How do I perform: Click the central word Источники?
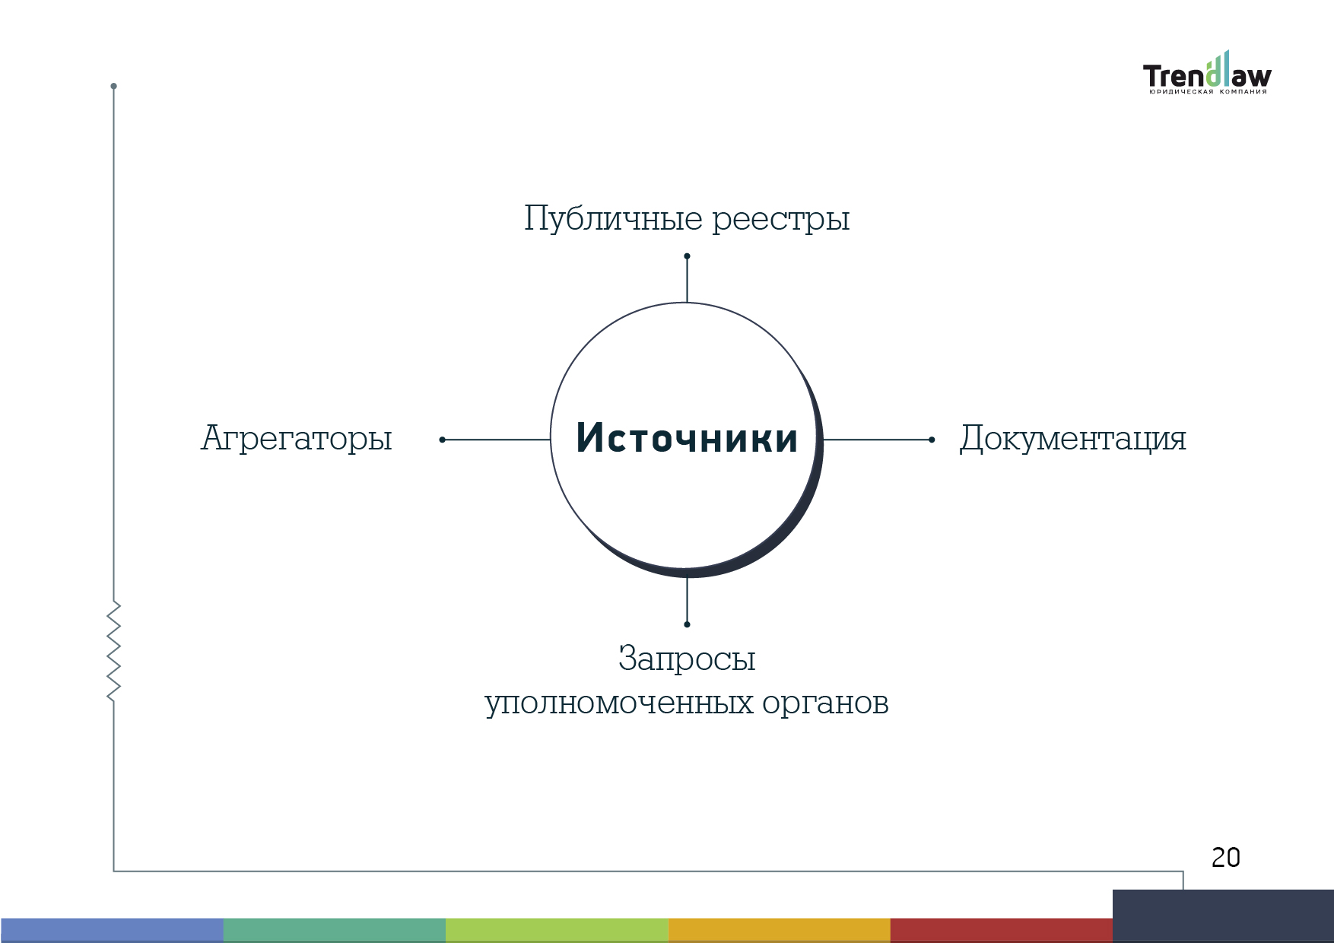[687, 438]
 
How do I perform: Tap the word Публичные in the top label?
[613, 219]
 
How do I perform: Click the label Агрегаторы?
[297, 439]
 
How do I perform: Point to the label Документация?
[1072, 439]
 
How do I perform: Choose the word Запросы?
[687, 659]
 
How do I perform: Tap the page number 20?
[1226, 858]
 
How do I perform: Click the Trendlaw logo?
[1207, 74]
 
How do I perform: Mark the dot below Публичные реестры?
[687, 256]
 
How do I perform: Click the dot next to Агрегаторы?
[443, 440]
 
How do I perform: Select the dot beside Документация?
[932, 440]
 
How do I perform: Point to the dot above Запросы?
[687, 624]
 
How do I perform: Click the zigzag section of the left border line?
[114, 651]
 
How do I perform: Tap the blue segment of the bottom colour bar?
[112, 930]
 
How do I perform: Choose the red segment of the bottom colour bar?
[1002, 930]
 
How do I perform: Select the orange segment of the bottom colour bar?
[780, 930]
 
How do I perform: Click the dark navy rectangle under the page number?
[1223, 916]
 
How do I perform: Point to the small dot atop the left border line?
[113, 86]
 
